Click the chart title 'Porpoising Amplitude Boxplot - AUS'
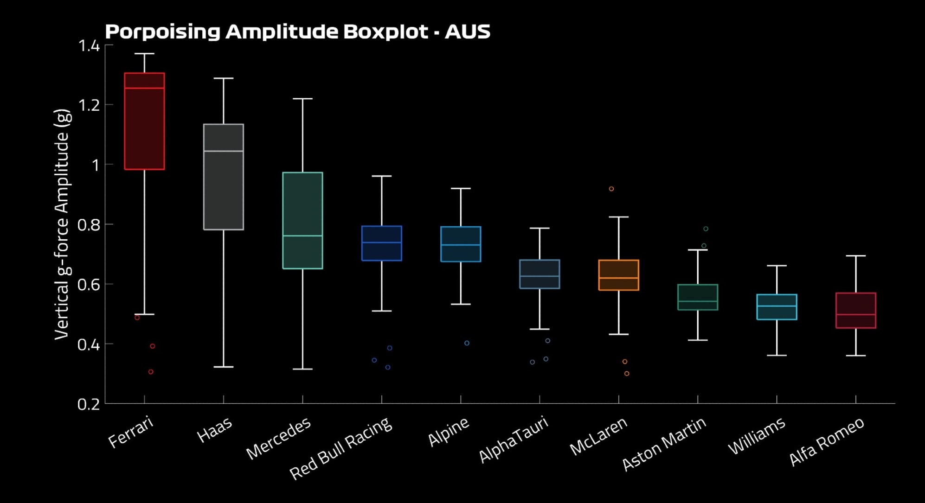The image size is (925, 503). click(297, 32)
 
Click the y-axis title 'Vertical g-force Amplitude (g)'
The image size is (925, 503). click(62, 224)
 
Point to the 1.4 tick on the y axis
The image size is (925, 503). click(89, 45)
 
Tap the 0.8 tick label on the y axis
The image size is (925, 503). click(89, 225)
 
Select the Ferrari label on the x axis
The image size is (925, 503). click(131, 432)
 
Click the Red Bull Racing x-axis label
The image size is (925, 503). click(341, 447)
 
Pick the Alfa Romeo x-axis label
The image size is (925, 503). click(827, 440)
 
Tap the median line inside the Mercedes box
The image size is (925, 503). click(302, 236)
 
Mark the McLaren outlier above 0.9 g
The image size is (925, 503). click(611, 189)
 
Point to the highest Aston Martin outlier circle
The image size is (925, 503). click(706, 229)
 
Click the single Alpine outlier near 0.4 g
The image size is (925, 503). click(467, 343)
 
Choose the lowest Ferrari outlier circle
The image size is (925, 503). click(151, 372)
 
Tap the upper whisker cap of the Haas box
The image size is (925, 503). click(224, 78)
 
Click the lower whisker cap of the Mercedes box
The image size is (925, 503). click(302, 369)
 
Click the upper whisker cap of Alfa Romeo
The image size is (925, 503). click(855, 255)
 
